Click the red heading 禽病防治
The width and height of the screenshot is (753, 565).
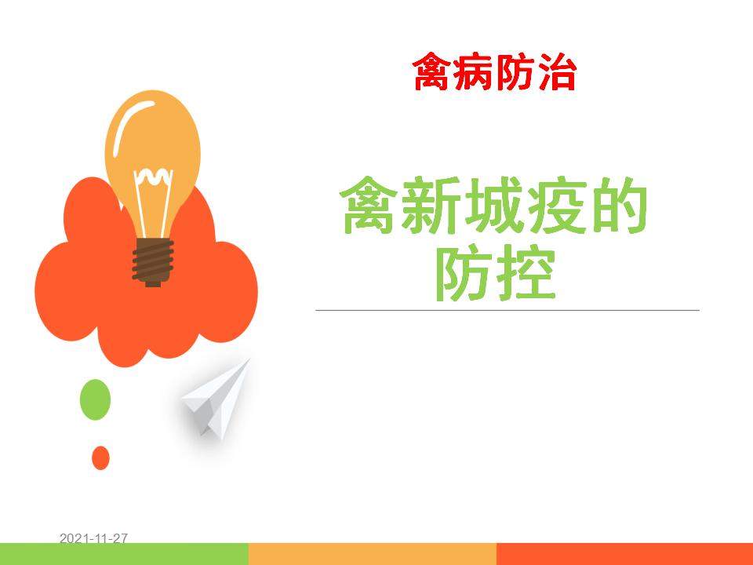coord(494,72)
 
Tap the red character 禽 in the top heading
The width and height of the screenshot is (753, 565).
coord(432,72)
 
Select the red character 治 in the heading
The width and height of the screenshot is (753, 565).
coord(557,72)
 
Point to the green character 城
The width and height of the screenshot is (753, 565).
coord(493,205)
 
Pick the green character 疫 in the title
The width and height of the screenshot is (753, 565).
coord(556,205)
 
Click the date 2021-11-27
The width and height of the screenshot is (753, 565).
coord(93,538)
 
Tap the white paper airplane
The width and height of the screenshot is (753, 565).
coord(216,399)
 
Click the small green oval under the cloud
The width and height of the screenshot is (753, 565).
coord(95,399)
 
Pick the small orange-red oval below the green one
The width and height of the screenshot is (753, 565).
coord(101,457)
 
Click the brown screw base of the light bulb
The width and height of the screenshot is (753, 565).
coord(153,262)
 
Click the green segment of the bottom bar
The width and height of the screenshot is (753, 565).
coord(125,554)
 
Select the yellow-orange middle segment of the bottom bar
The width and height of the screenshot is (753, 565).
coord(373,554)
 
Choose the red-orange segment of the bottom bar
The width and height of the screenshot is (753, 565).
coord(625,554)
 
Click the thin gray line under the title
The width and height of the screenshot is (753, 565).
coord(507,311)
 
